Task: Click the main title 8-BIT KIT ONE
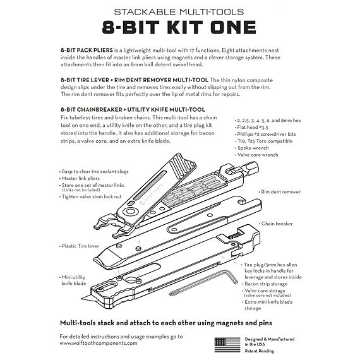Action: click(x=179, y=27)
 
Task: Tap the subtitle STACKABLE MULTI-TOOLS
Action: click(x=179, y=11)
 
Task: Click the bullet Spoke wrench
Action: click(x=256, y=148)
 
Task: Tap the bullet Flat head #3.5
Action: click(x=255, y=126)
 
